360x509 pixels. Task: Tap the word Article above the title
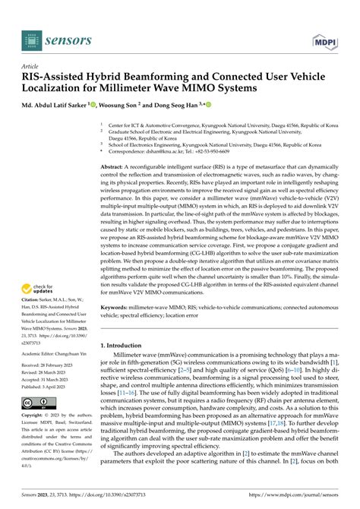click(x=30, y=66)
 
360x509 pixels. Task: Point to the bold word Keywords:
click(x=116, y=309)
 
